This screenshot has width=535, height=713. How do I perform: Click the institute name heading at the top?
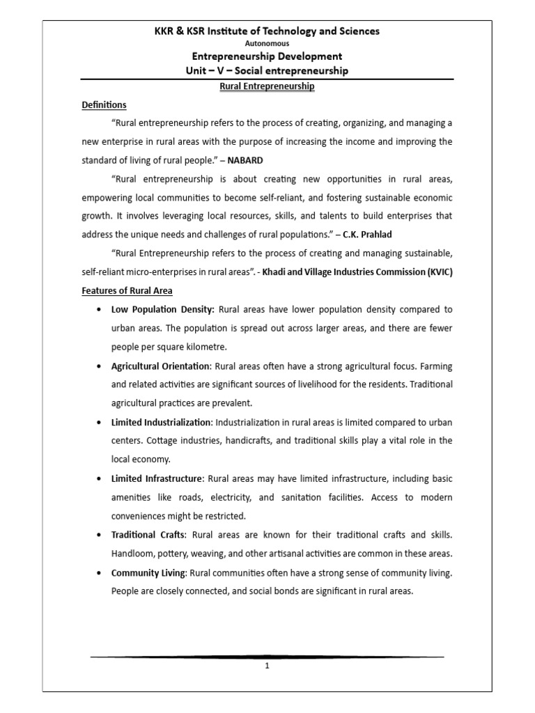point(267,31)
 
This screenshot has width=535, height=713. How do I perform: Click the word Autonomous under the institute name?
point(267,43)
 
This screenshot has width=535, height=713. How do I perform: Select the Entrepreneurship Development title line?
point(267,56)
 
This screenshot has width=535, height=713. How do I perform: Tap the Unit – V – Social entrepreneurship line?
point(267,70)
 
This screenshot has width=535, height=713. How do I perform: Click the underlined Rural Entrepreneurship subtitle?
point(267,86)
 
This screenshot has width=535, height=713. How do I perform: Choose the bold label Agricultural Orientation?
point(160,366)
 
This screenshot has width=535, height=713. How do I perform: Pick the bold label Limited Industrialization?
point(161,422)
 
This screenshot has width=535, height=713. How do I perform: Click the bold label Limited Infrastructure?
point(157,478)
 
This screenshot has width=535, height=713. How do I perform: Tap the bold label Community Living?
point(148,572)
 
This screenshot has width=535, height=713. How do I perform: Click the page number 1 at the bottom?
point(267,666)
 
